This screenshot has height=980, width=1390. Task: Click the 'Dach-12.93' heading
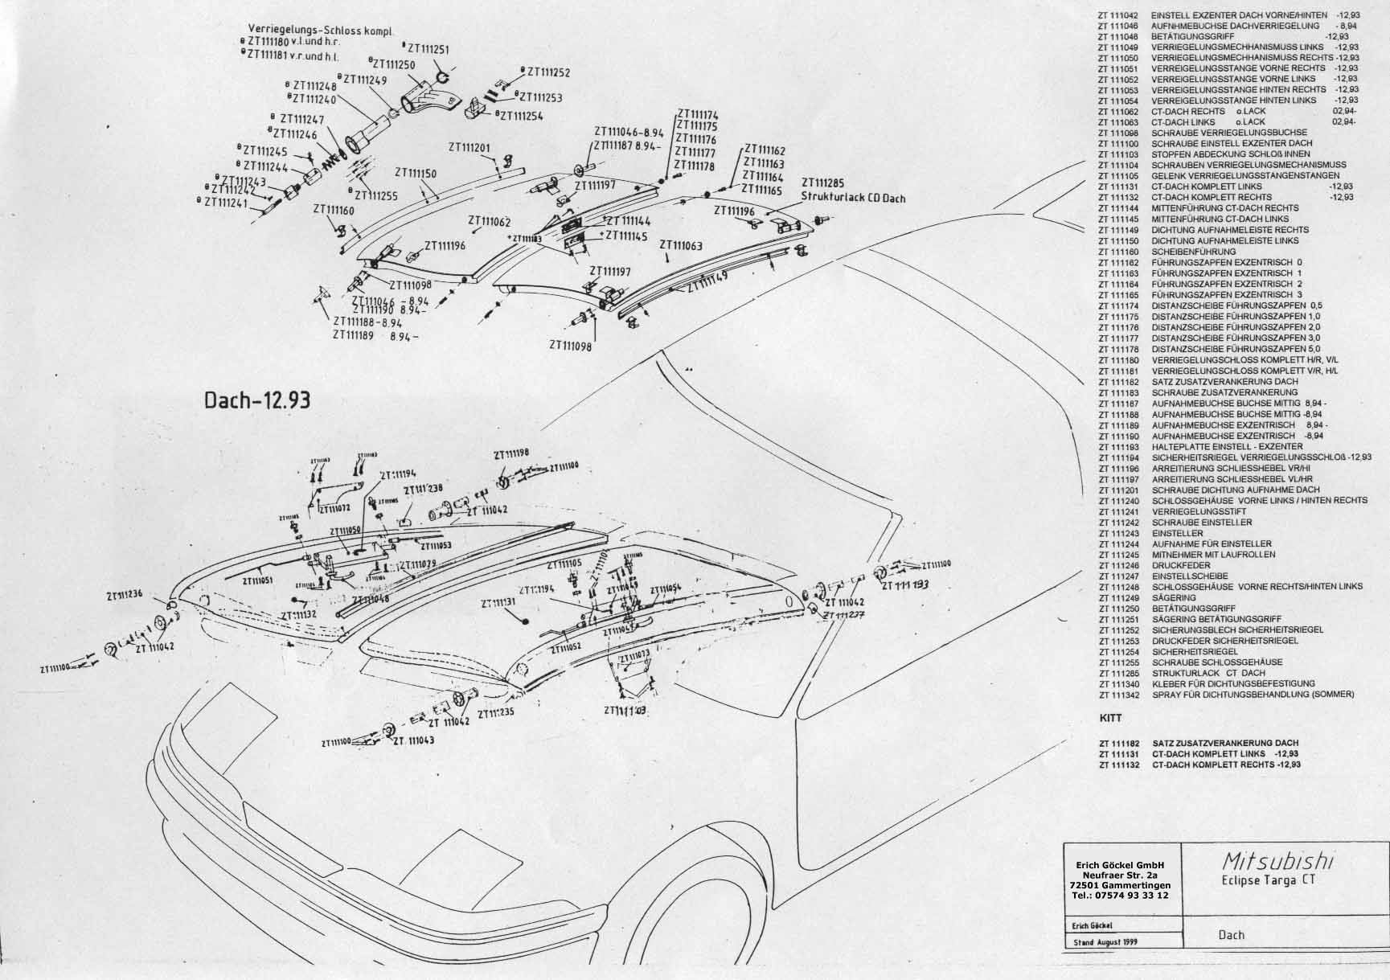(257, 400)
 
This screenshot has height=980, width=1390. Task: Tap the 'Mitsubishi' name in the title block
(1277, 862)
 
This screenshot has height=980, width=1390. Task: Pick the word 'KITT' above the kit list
(1109, 718)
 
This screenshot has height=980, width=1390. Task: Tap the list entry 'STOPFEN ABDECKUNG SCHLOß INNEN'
(1230, 154)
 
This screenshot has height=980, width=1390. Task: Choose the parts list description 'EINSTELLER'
(1177, 533)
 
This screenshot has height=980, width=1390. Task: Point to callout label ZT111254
(522, 116)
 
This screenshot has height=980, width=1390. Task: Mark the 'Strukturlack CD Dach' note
(853, 199)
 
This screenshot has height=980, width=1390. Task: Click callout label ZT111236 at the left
(124, 595)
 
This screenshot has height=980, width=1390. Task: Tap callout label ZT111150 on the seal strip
(416, 173)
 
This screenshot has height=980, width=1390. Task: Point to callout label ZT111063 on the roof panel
(681, 245)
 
